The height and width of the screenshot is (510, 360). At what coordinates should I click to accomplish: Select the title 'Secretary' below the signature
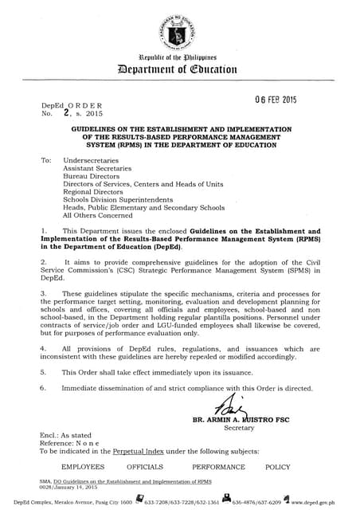click(239, 428)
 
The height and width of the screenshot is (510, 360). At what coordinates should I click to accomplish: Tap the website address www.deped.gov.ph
click(322, 503)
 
